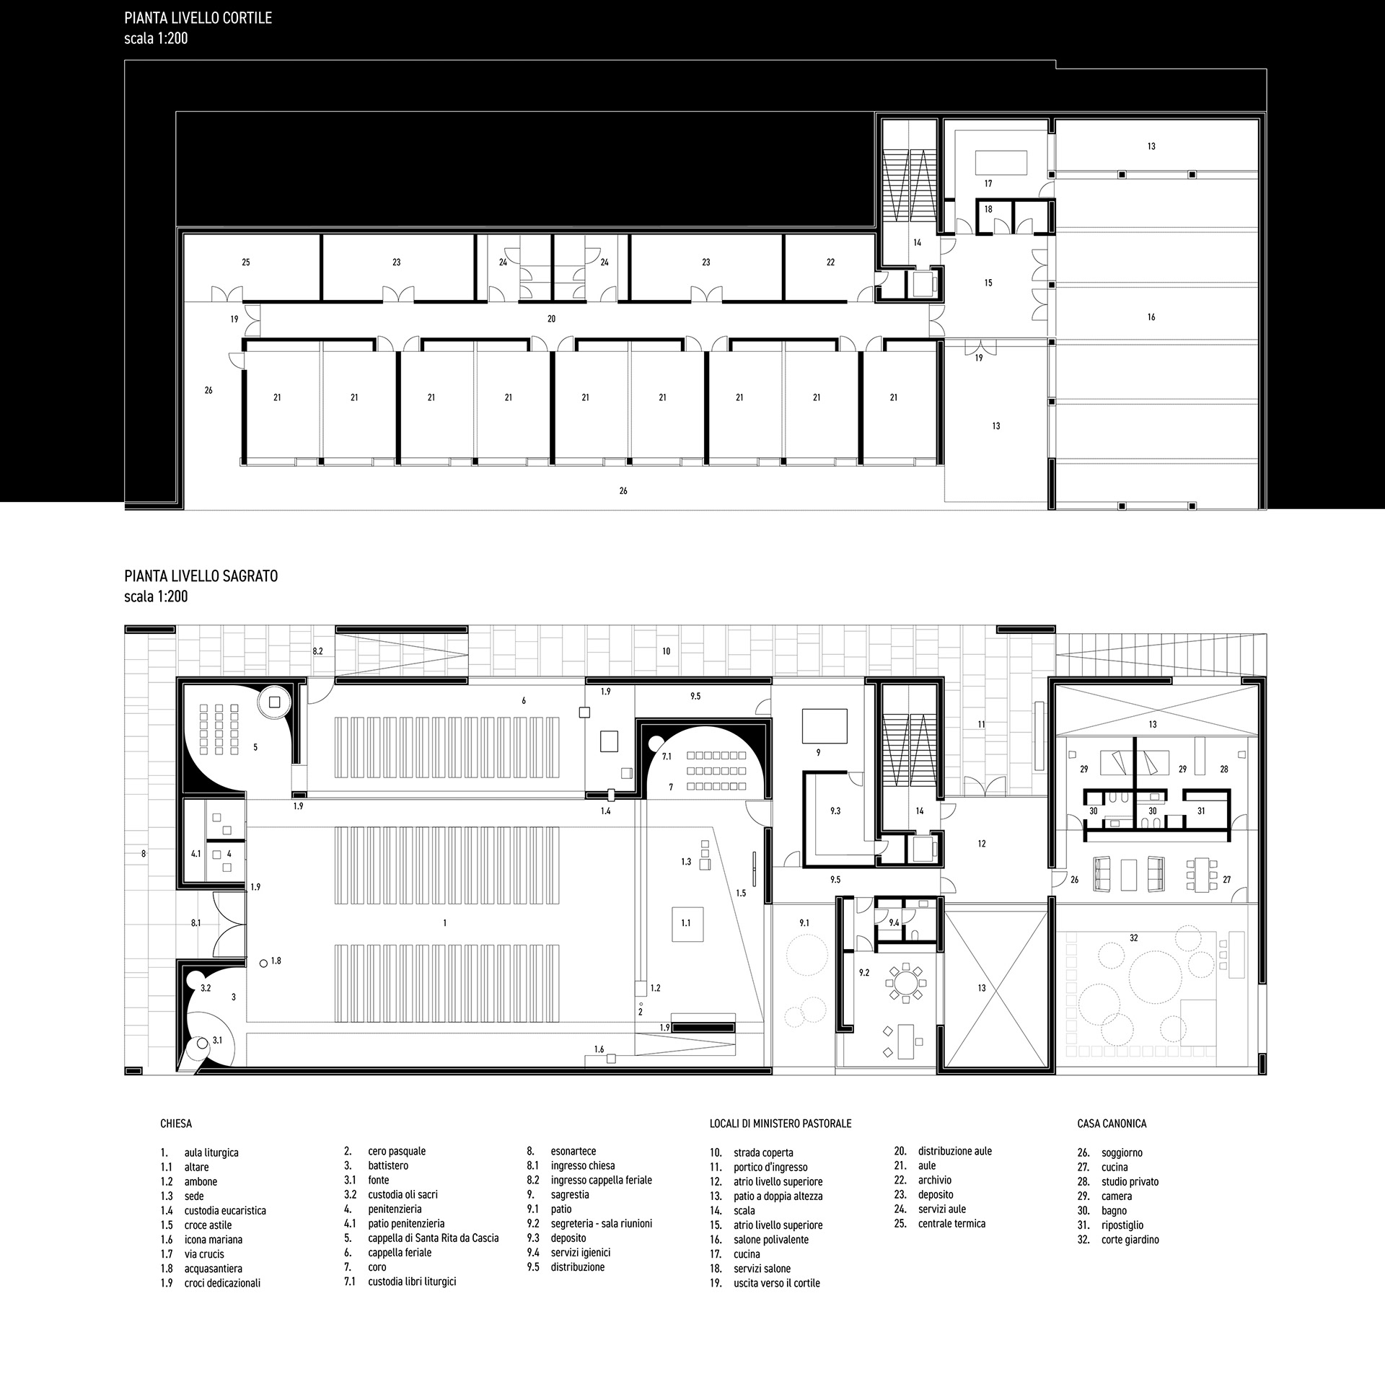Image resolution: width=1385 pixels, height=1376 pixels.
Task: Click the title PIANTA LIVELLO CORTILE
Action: tap(198, 18)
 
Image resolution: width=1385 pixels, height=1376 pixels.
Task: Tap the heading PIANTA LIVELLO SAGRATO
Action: tap(201, 576)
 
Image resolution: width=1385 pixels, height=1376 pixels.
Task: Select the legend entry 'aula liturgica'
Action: tap(211, 1153)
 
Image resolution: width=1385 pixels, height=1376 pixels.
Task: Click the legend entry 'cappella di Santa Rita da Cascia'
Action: tap(434, 1238)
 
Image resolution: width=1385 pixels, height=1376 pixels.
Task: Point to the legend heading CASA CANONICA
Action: tap(1112, 1124)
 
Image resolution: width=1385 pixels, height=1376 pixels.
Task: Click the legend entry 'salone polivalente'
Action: tap(771, 1240)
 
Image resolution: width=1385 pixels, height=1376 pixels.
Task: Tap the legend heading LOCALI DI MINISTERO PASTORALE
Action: tap(781, 1124)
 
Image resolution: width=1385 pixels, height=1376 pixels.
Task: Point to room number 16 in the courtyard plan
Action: tap(1151, 317)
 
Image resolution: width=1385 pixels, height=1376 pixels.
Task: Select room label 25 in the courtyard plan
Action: tap(246, 263)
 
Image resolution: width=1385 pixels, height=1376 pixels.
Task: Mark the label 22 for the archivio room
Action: tap(830, 263)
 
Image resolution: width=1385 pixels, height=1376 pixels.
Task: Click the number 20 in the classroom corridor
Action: tap(552, 319)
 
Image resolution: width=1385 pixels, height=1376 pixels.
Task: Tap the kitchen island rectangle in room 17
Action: tap(1001, 162)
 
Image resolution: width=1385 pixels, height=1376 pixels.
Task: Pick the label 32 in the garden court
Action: tap(1134, 938)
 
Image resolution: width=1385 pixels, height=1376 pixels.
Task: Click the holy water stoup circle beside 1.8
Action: tap(264, 962)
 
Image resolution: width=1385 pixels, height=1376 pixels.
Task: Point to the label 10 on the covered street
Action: tap(667, 651)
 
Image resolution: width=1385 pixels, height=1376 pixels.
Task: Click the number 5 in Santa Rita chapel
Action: tap(255, 748)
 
